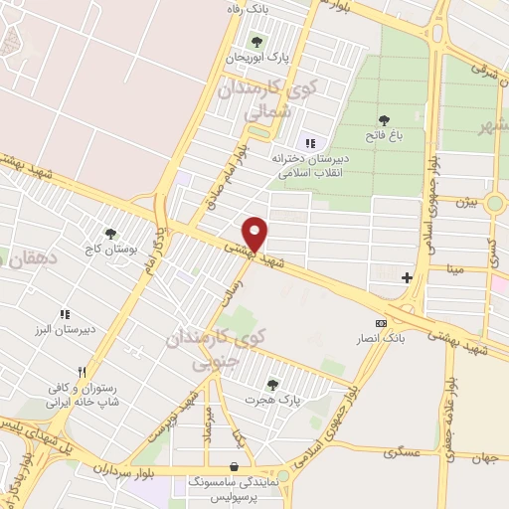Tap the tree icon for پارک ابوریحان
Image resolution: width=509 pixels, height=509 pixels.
click(x=257, y=42)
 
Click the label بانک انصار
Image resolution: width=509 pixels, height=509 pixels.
click(x=382, y=339)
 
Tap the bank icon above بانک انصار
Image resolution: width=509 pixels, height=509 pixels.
click(x=381, y=323)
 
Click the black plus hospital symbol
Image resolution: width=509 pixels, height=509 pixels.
click(x=407, y=277)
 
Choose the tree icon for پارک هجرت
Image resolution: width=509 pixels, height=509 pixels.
click(x=272, y=383)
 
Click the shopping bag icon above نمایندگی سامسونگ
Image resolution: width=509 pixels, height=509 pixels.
click(x=234, y=465)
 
